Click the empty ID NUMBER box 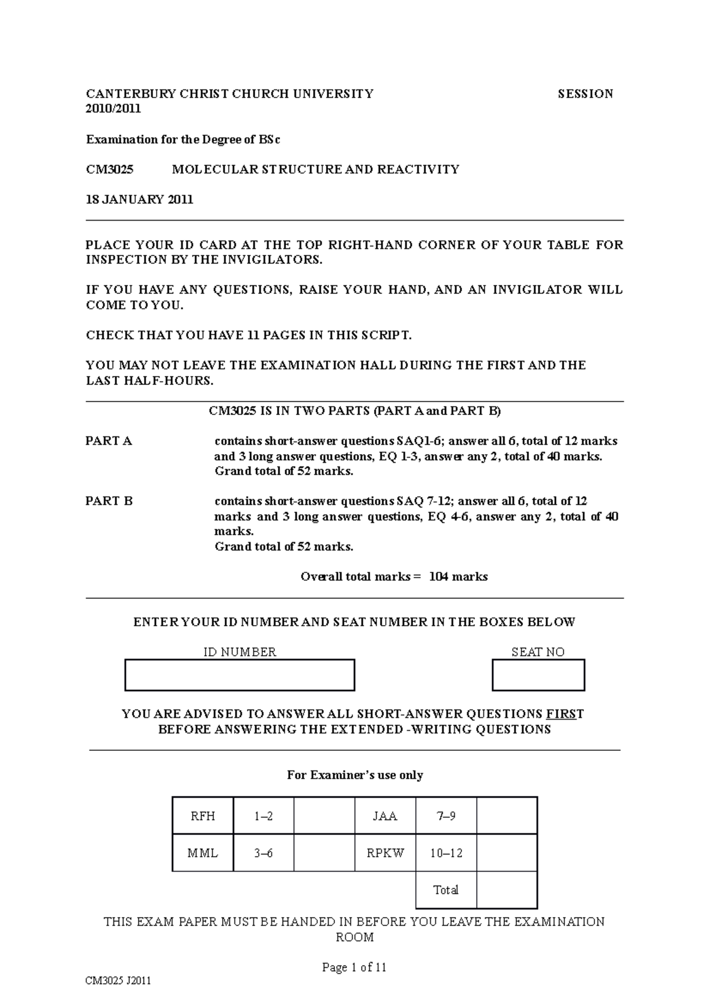[239, 675]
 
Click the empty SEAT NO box [538, 675]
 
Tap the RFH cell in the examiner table [203, 816]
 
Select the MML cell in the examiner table [203, 853]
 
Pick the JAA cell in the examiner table [385, 816]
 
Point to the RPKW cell [385, 853]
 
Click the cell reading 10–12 [446, 853]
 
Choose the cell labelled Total [446, 889]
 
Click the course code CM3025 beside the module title [110, 169]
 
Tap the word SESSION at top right [586, 93]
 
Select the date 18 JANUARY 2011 [139, 199]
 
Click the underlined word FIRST [565, 714]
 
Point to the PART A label [109, 441]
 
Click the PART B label [109, 501]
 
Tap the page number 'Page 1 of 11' [354, 967]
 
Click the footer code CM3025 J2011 [118, 981]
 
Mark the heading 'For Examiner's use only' [354, 775]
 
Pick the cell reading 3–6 [264, 853]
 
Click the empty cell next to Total [506, 889]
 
